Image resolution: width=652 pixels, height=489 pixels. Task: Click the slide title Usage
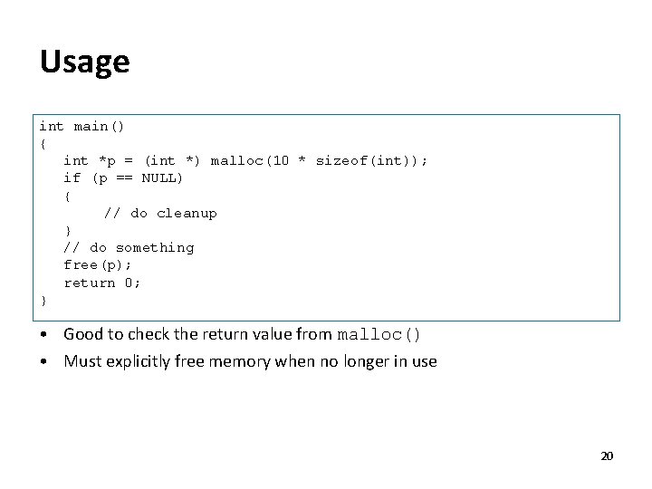[x=85, y=62]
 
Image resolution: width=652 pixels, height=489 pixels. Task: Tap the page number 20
[x=607, y=455]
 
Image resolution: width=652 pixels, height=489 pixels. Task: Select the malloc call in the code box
[x=237, y=160]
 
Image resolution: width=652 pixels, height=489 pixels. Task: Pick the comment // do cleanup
[x=160, y=213]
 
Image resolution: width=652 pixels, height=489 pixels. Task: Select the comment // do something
[x=129, y=247]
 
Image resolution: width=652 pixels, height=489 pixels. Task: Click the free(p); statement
[x=98, y=264]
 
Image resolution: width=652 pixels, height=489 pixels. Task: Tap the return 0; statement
[x=102, y=283]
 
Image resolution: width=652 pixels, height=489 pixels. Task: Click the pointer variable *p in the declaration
[x=107, y=160]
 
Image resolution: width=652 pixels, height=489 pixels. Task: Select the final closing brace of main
[x=43, y=300]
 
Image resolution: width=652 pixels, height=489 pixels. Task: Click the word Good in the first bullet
[x=82, y=334]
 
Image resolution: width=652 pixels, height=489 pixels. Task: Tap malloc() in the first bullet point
[x=379, y=334]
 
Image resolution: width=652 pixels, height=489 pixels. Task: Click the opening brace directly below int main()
[x=43, y=143]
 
